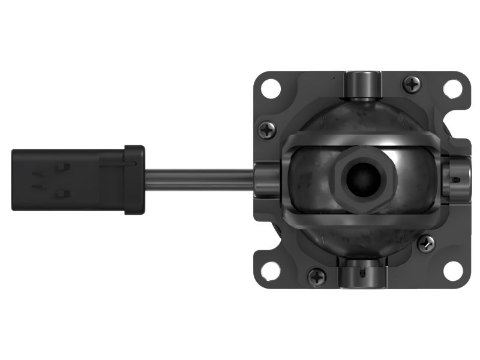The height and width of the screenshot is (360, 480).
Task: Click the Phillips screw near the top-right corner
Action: pyautogui.click(x=412, y=84)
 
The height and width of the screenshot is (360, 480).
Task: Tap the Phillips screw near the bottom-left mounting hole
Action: pyautogui.click(x=317, y=277)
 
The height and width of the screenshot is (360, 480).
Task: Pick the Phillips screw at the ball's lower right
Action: pyautogui.click(x=426, y=242)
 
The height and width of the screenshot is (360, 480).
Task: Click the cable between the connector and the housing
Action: pyautogui.click(x=198, y=178)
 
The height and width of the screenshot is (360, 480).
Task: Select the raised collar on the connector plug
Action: pyautogui.click(x=134, y=179)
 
